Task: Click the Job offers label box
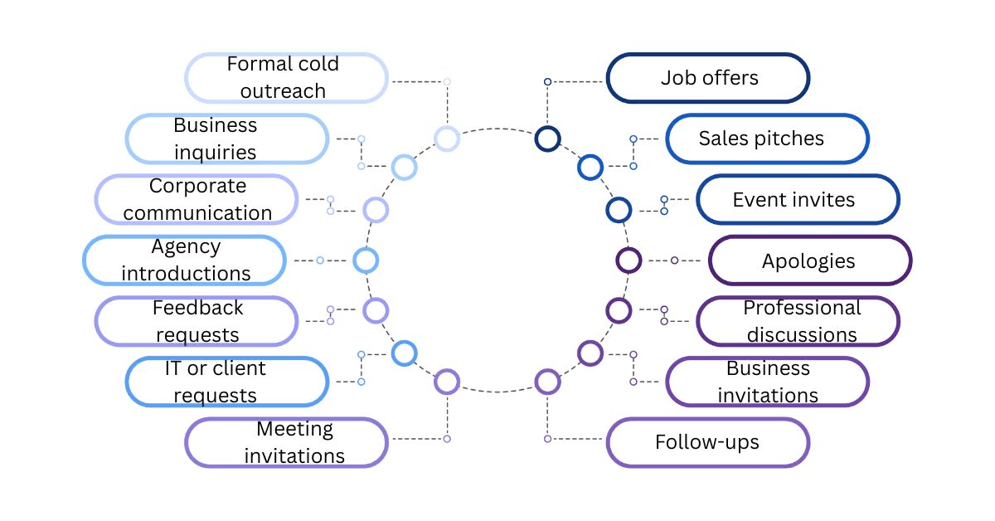click(x=708, y=78)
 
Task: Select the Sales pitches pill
click(x=768, y=139)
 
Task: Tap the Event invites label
click(x=798, y=200)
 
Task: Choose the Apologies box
click(x=811, y=260)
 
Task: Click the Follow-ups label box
click(x=708, y=442)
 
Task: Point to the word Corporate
click(x=197, y=186)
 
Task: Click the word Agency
click(x=186, y=247)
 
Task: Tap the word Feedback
click(x=197, y=308)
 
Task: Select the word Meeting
click(x=294, y=430)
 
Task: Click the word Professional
click(x=803, y=308)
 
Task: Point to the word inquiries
click(x=215, y=153)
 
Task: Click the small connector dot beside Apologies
click(x=674, y=260)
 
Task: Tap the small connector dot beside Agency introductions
click(x=320, y=260)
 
